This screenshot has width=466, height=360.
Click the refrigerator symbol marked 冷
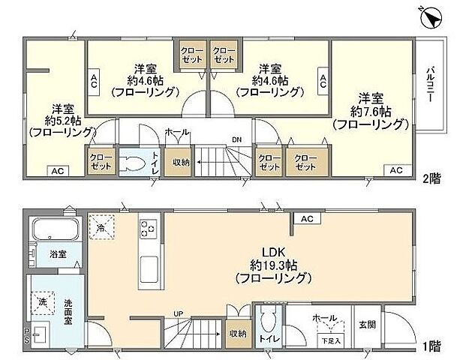click(101, 223)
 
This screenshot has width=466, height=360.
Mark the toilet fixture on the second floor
click(134, 163)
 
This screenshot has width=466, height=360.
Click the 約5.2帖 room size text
click(63, 119)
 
